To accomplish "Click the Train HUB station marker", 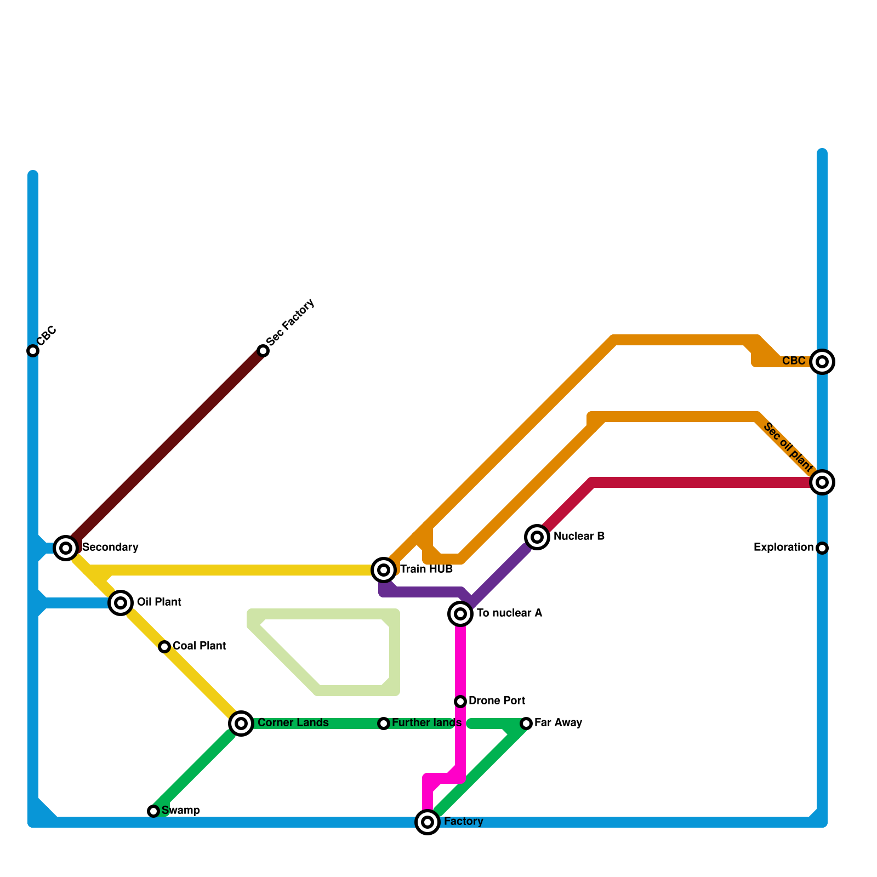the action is tap(384, 570).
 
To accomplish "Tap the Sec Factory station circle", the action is tap(263, 351).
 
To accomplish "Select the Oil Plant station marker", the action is tap(121, 603).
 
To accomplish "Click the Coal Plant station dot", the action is tap(164, 647).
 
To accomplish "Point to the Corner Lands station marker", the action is tap(241, 724).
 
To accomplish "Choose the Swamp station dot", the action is tap(153, 811).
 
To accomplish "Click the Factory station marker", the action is tap(428, 822).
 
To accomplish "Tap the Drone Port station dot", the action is tap(460, 702).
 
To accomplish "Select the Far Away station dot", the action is tap(526, 724).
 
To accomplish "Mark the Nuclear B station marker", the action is tap(537, 537).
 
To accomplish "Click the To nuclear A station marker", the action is tap(460, 614).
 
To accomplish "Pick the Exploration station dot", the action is tap(822, 548).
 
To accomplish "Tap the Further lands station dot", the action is tap(384, 724).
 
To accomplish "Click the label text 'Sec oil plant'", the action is tap(788, 448).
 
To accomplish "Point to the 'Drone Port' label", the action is tap(497, 701).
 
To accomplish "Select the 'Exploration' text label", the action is tap(783, 548).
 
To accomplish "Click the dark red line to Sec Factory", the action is tap(164, 449).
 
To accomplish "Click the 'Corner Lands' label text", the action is tap(293, 723).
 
